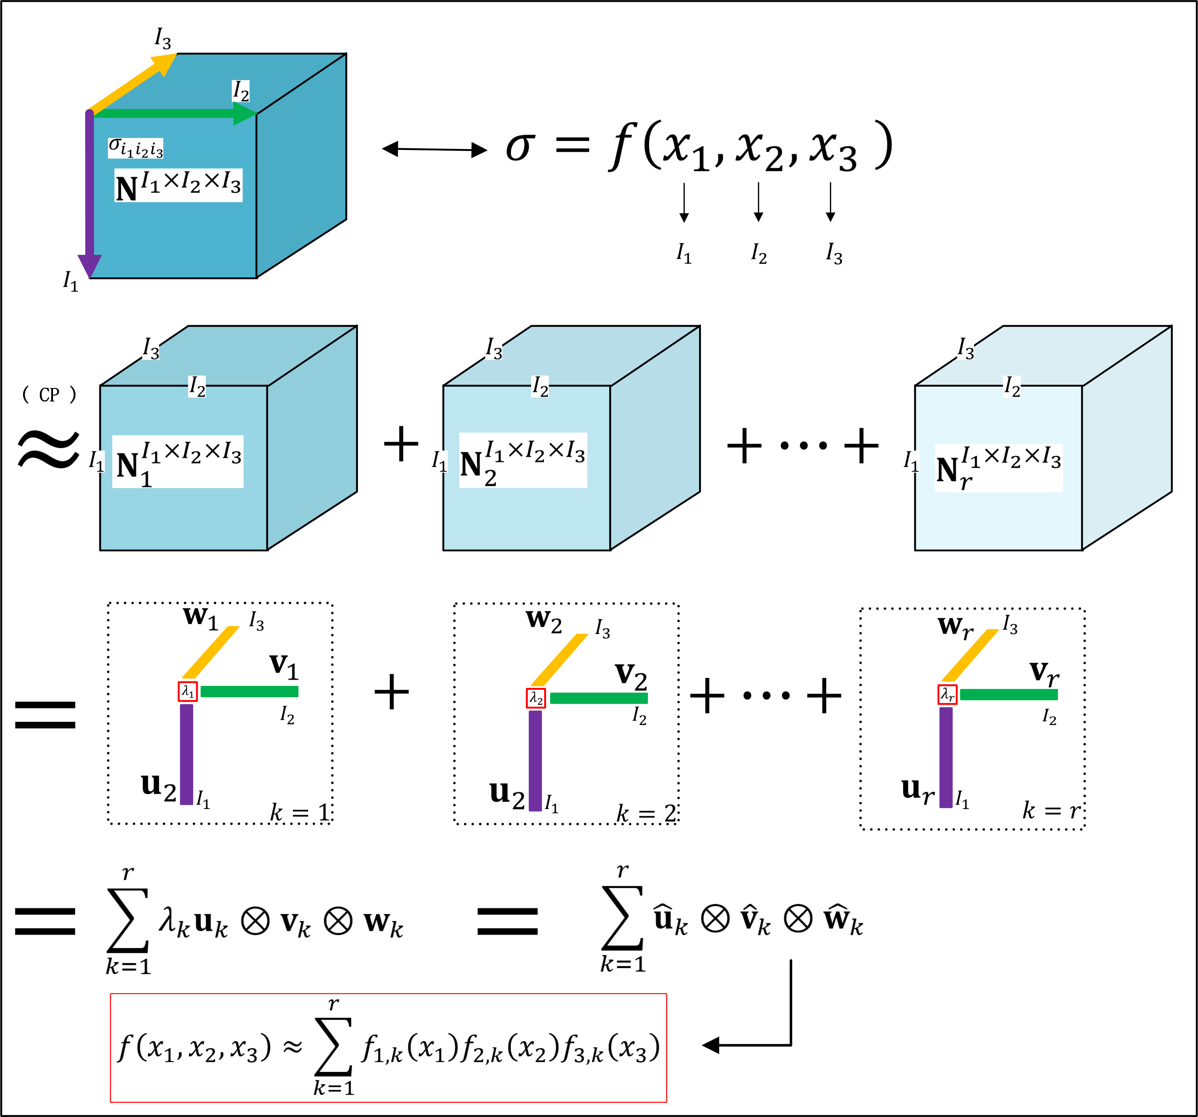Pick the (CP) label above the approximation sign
(49, 395)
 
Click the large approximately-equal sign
(48, 449)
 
